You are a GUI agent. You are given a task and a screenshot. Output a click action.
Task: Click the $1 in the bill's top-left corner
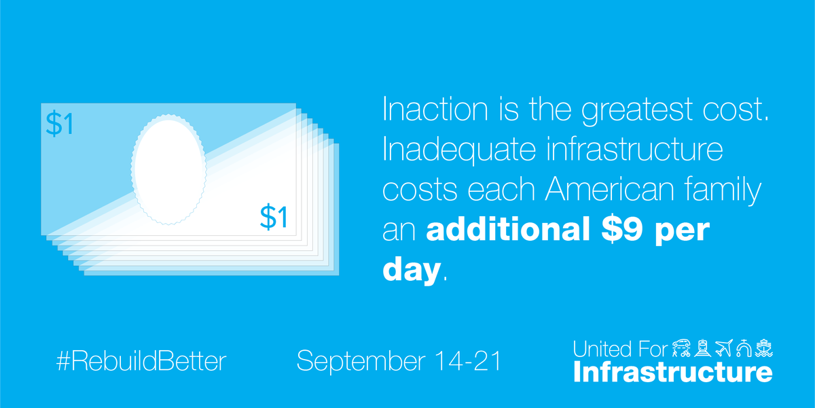pyautogui.click(x=59, y=124)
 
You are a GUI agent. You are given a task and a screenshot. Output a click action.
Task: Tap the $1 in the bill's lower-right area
pyautogui.click(x=274, y=216)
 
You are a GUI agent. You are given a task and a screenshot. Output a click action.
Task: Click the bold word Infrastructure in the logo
pyautogui.click(x=672, y=373)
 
